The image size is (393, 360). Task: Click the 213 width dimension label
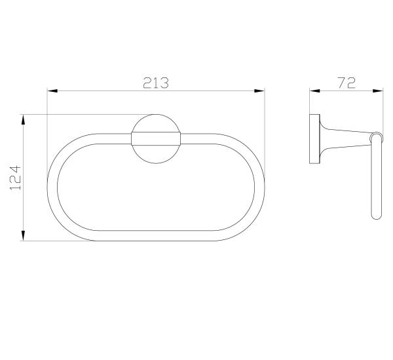point(156,83)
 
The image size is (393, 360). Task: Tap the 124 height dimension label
point(15,177)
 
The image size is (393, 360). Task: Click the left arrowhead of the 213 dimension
point(52,90)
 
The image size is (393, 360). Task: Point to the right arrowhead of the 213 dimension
point(259,90)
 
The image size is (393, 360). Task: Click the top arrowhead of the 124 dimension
point(23,119)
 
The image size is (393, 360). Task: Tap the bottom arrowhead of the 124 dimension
point(23,236)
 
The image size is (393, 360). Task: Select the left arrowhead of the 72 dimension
point(315,90)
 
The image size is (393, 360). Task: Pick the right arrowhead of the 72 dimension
point(378,90)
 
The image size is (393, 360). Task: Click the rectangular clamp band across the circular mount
point(156,139)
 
